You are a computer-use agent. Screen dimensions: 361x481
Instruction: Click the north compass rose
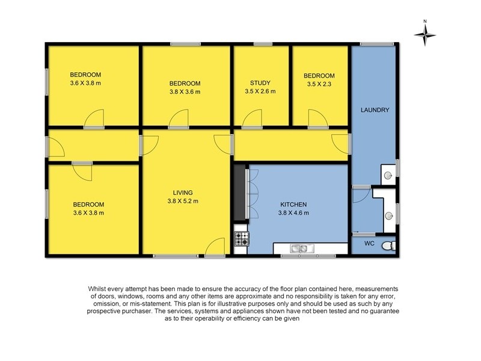pos(425,34)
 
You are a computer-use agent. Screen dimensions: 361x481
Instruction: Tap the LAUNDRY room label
pos(375,110)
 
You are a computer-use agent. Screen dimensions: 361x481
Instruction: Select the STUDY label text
pos(260,83)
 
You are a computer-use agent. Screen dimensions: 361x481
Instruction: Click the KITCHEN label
pos(293,205)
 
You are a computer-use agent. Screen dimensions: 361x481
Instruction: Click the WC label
pos(369,244)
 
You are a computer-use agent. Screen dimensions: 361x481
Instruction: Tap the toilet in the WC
pos(391,245)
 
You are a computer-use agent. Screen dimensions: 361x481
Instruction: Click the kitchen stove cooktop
pos(242,239)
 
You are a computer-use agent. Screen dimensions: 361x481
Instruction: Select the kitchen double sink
pos(299,248)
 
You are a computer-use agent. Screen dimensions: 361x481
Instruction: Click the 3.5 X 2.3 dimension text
pos(318,84)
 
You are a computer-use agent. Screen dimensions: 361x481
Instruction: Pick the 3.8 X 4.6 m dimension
pos(293,213)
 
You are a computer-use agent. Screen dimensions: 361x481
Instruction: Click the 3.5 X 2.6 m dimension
pos(260,91)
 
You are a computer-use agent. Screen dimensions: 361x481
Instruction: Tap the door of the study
pos(253,119)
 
